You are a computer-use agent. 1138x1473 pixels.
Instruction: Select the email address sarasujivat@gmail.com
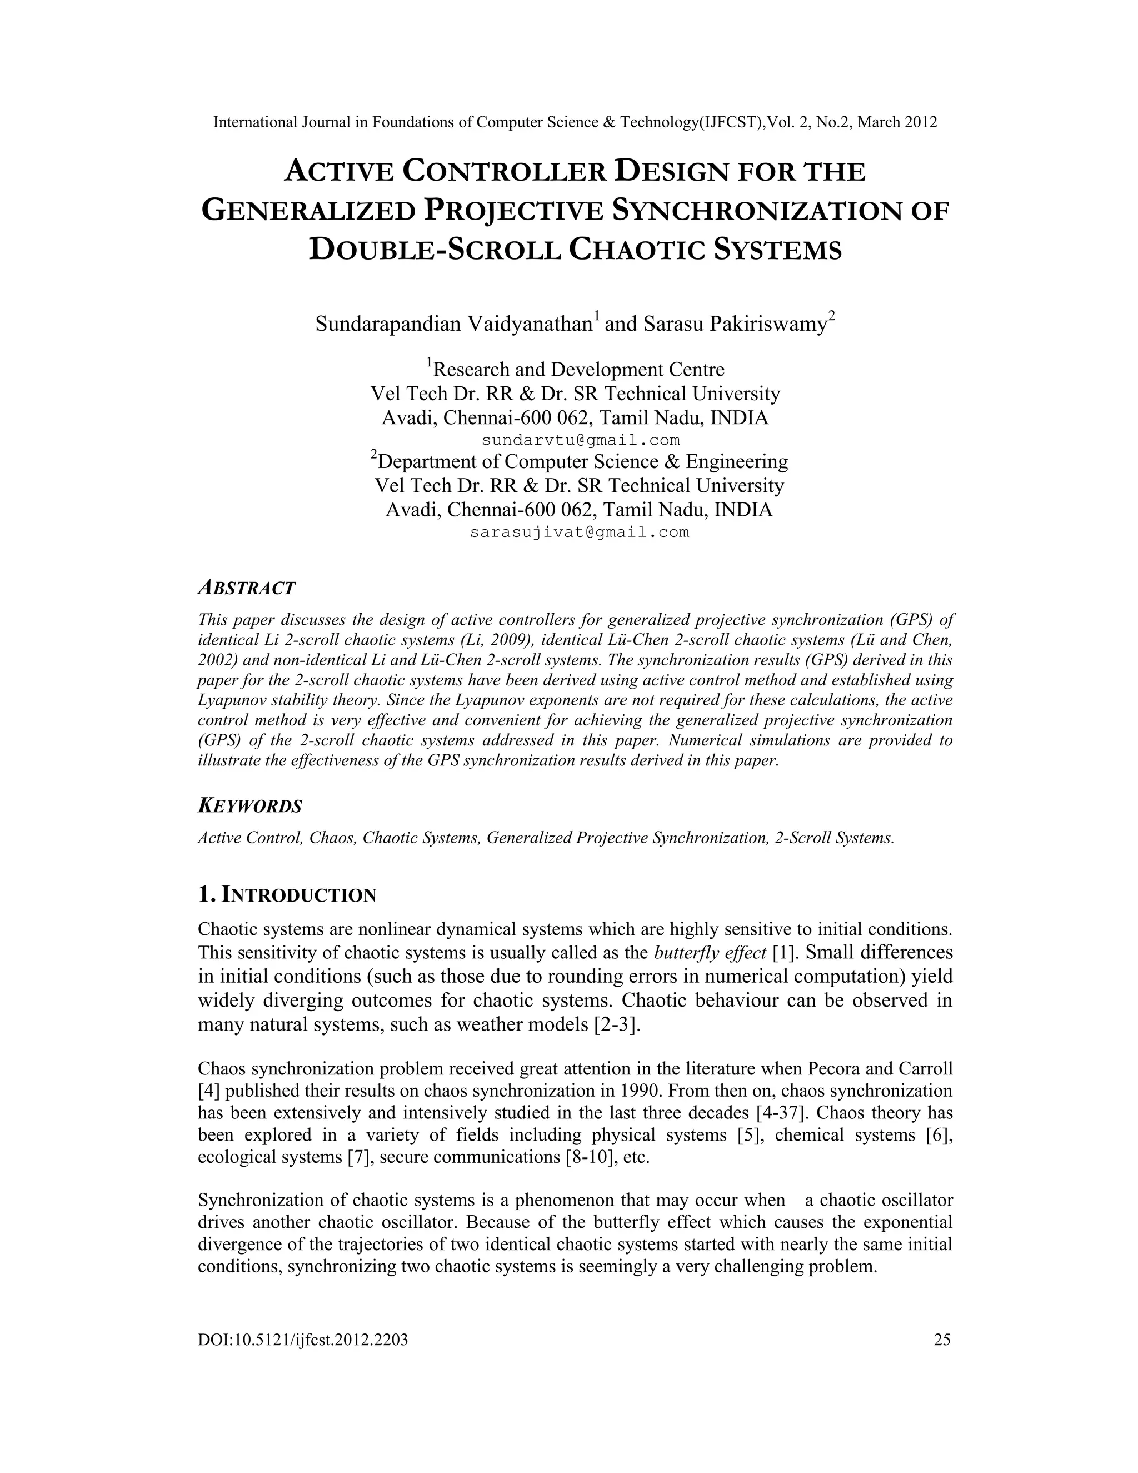click(x=579, y=532)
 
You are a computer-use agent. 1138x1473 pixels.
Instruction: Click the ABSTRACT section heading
click(x=246, y=588)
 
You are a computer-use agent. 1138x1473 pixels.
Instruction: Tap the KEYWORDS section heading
click(x=249, y=806)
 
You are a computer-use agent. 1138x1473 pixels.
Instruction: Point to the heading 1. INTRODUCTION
click(x=287, y=895)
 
